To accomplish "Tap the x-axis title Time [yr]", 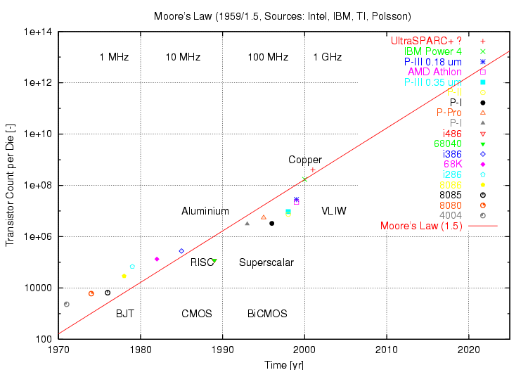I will [x=285, y=364].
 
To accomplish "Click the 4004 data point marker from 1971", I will [x=67, y=304].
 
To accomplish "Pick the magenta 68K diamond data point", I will [x=157, y=259].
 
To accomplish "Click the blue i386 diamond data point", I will [x=181, y=250].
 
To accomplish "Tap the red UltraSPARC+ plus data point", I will [x=312, y=170].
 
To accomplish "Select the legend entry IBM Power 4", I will [x=433, y=51].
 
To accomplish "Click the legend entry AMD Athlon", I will [x=434, y=72].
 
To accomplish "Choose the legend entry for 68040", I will [x=442, y=143].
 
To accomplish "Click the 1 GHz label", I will [x=328, y=57].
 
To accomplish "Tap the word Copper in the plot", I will [x=305, y=160].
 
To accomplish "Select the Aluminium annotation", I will [x=205, y=211].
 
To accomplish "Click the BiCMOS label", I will [x=267, y=314].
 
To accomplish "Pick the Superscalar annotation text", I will [x=266, y=262].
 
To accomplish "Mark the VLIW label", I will [x=334, y=211].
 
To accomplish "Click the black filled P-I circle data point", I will [x=272, y=223].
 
